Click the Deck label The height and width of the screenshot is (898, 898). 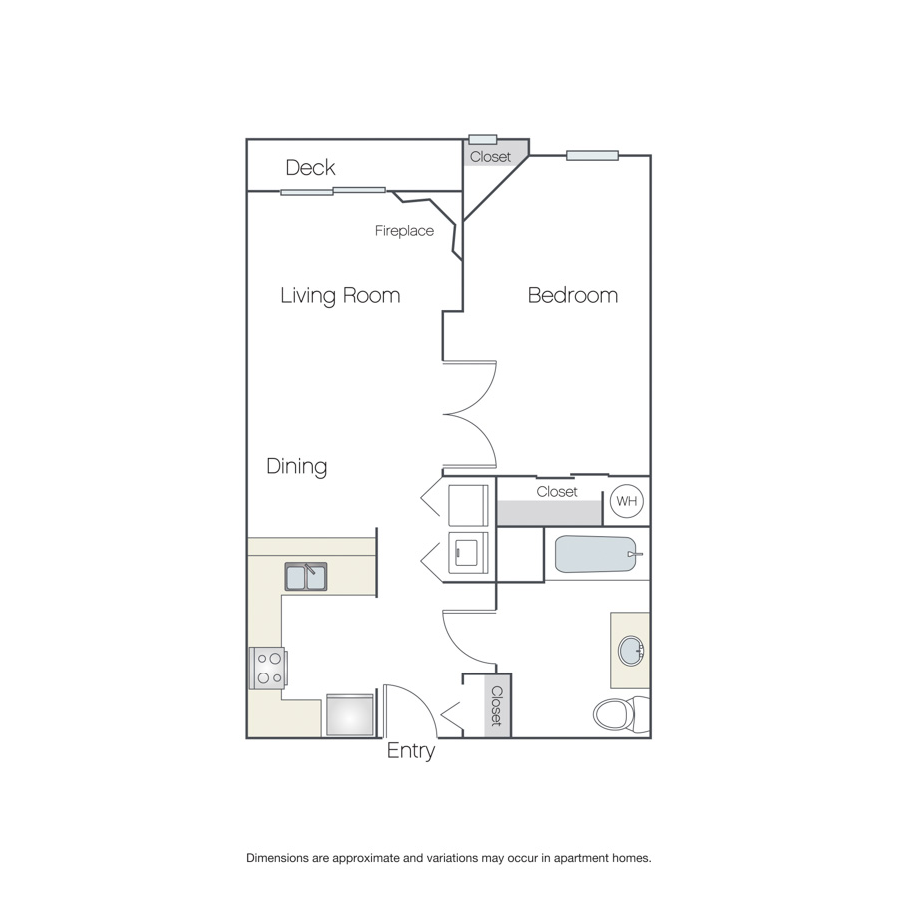click(310, 168)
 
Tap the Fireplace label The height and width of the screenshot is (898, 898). click(404, 231)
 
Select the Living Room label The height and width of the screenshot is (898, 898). click(340, 296)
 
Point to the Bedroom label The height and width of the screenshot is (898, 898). click(573, 295)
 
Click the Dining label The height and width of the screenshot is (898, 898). click(296, 466)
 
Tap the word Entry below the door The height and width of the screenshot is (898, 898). click(411, 750)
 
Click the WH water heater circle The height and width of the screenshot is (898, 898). click(626, 501)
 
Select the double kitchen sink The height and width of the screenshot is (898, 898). click(306, 576)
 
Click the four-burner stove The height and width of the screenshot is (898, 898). click(268, 668)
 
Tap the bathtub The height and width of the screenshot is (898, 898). click(596, 554)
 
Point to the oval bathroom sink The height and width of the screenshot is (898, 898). click(632, 650)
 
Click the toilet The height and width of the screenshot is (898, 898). click(621, 714)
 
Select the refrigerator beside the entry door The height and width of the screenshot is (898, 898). click(350, 714)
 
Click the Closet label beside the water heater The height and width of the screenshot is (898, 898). click(557, 491)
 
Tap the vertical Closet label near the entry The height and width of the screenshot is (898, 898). click(497, 706)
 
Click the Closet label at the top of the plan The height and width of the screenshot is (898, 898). click(490, 157)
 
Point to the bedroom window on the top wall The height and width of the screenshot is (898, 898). click(592, 156)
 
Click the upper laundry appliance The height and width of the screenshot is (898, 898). click(468, 505)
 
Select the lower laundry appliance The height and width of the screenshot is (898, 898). click(468, 553)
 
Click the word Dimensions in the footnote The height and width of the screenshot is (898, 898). click(277, 858)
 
